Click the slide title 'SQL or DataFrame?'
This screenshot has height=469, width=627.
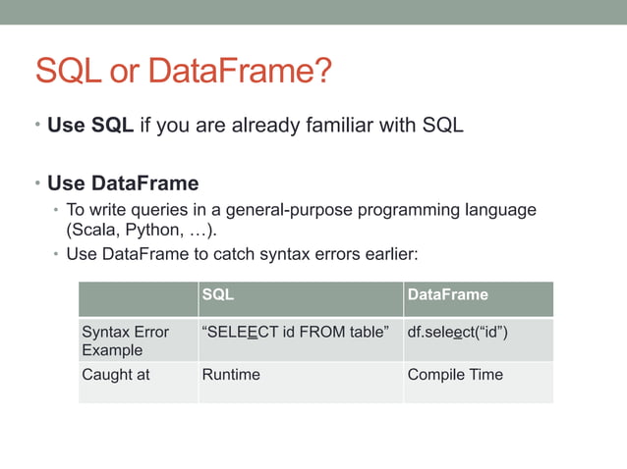click(x=184, y=72)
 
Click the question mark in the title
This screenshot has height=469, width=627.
click(x=322, y=72)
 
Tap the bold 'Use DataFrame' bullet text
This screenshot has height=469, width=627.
click(x=123, y=182)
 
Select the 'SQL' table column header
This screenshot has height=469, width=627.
click(x=217, y=294)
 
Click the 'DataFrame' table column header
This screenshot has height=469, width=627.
click(x=447, y=294)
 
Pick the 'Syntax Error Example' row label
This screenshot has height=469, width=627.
click(x=125, y=340)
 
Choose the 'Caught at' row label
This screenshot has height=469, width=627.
click(x=116, y=374)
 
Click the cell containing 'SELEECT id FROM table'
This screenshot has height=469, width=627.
click(x=295, y=332)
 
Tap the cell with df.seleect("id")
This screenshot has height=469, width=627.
click(x=457, y=332)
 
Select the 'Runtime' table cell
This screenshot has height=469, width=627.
click(x=231, y=374)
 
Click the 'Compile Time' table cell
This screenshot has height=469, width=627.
click(x=455, y=374)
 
